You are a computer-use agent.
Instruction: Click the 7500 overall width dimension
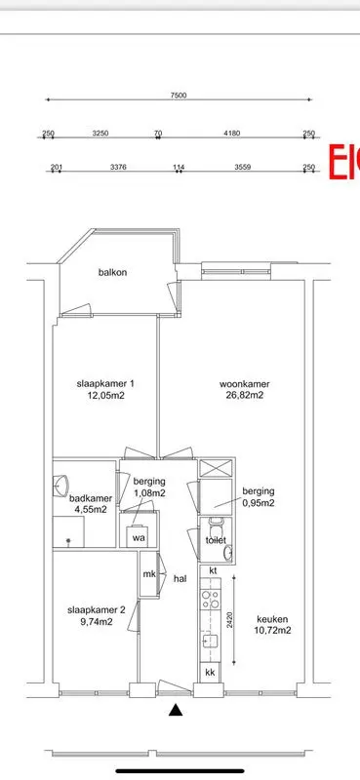pyautogui.click(x=178, y=95)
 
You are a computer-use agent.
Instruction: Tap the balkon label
pyautogui.click(x=113, y=273)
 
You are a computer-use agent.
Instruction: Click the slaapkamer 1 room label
pyautogui.click(x=105, y=383)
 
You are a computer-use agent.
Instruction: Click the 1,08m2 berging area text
pyautogui.click(x=149, y=493)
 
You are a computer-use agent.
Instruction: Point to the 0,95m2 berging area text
pyautogui.click(x=259, y=504)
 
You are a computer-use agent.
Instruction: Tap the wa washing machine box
pyautogui.click(x=139, y=537)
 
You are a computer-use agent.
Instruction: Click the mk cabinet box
pyautogui.click(x=149, y=574)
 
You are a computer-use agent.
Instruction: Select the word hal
pyautogui.click(x=180, y=578)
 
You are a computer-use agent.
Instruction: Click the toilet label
pyautogui.click(x=215, y=539)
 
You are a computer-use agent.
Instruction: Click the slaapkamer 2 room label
pyautogui.click(x=96, y=610)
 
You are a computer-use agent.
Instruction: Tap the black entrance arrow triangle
pyautogui.click(x=177, y=711)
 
